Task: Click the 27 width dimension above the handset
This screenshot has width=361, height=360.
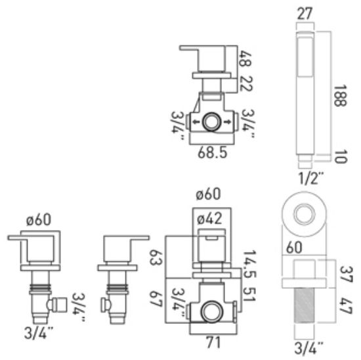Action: [305, 13]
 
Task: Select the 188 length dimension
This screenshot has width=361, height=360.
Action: [340, 96]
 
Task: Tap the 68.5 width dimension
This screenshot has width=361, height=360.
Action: [212, 152]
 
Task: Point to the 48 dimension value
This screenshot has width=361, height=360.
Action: [245, 58]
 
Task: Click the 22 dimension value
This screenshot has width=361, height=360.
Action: [245, 83]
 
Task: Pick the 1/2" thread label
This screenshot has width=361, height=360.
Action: [310, 178]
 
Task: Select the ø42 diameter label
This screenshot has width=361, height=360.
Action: [209, 219]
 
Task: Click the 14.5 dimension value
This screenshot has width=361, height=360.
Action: [249, 263]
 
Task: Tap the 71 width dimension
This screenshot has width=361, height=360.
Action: [213, 343]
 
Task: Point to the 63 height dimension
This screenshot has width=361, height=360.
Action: [156, 258]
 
